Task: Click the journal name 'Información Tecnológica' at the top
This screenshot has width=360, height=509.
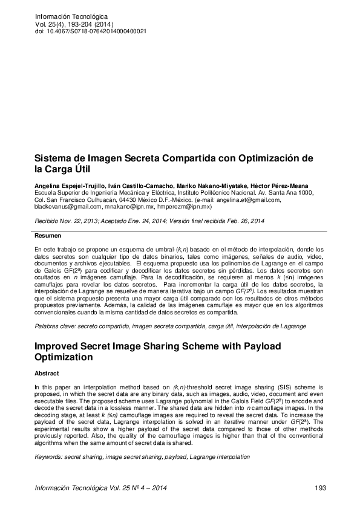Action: (71, 16)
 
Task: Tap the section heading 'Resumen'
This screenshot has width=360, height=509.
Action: (48, 235)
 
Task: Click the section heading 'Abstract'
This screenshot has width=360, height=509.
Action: (47, 374)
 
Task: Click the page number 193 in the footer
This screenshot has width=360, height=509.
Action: (321, 488)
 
